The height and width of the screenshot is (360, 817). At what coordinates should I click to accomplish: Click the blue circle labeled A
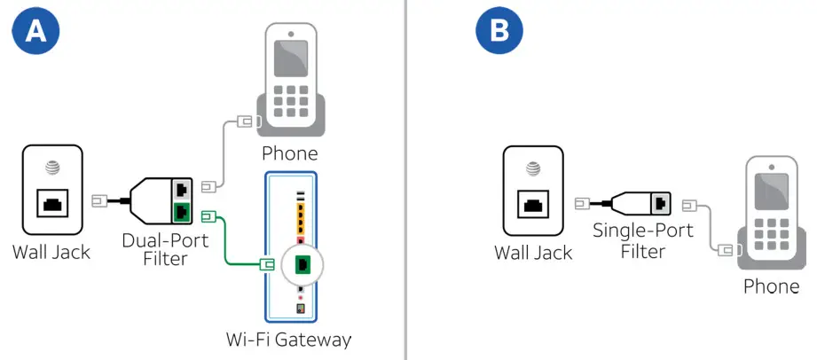(x=35, y=32)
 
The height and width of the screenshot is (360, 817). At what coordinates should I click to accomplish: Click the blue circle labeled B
(x=500, y=32)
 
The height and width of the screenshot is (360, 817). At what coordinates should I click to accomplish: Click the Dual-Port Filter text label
(x=165, y=250)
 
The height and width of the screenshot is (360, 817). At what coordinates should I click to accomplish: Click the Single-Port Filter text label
(x=630, y=241)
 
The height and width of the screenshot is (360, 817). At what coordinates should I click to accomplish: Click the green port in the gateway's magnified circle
(x=302, y=263)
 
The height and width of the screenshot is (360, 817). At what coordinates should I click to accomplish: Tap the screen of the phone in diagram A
(x=290, y=57)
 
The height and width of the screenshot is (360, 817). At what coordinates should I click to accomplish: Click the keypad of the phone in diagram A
(x=290, y=103)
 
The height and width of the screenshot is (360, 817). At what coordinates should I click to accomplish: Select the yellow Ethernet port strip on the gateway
(x=302, y=216)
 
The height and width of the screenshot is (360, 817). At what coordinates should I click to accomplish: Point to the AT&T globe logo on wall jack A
(x=51, y=166)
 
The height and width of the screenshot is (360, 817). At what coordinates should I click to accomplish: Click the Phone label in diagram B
(x=771, y=286)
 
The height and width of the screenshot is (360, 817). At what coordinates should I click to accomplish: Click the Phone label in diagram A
(x=289, y=153)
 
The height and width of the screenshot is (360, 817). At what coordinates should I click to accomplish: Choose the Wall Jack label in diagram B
(x=533, y=253)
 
